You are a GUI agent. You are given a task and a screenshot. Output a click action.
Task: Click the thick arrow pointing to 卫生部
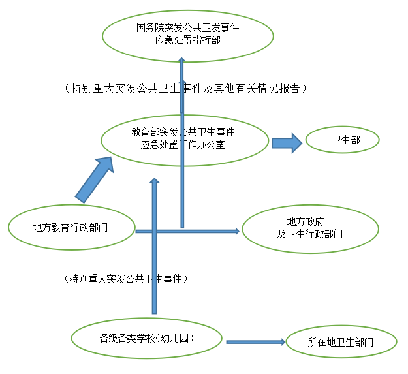pyautogui.click(x=287, y=143)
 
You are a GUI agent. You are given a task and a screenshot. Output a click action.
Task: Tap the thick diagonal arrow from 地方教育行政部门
pyautogui.click(x=95, y=179)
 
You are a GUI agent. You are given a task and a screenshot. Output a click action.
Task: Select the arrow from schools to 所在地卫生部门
pyautogui.click(x=256, y=342)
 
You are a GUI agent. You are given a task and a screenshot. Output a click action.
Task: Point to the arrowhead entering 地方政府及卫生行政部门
pyautogui.click(x=237, y=231)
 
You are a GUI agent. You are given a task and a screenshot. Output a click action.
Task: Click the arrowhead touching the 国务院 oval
pyautogui.click(x=182, y=60)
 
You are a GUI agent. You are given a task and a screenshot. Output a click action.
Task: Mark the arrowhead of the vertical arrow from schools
pyautogui.click(x=155, y=180)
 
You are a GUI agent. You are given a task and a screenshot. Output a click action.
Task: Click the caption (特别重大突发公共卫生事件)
pyautogui.click(x=126, y=279)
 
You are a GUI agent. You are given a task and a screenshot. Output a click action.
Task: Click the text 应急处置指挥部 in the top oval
pyautogui.click(x=188, y=40)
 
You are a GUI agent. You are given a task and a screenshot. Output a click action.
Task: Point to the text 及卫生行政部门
pyautogui.click(x=309, y=234)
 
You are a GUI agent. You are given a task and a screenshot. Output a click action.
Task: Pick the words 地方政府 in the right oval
pyautogui.click(x=306, y=221)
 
